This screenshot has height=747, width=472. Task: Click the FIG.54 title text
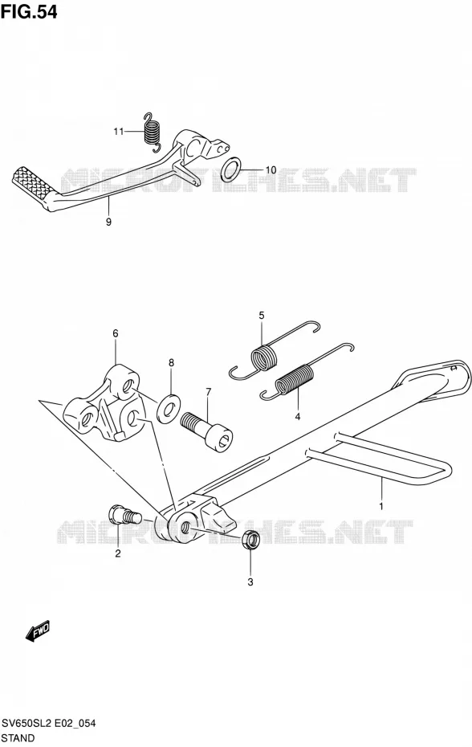(x=29, y=12)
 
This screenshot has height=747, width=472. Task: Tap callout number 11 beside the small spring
(x=119, y=132)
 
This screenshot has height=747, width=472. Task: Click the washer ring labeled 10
(x=231, y=169)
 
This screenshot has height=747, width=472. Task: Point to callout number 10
(x=271, y=169)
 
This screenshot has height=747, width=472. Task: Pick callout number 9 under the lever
(x=108, y=222)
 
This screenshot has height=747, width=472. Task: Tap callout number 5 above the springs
(x=262, y=315)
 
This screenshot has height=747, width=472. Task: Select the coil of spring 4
(x=295, y=380)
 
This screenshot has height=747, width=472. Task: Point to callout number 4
(x=298, y=417)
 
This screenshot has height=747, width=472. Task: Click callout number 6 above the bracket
(x=116, y=333)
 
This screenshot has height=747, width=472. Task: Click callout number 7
(x=208, y=392)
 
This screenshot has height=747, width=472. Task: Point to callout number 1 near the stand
(x=381, y=505)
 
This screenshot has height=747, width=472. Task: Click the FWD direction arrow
(x=37, y=631)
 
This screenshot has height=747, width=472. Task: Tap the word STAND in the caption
(x=18, y=738)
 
